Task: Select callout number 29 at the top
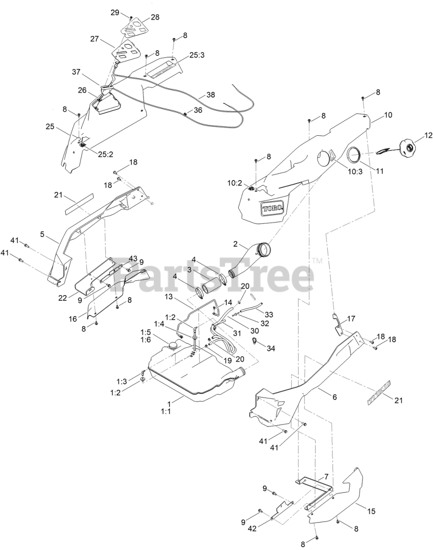click(115, 12)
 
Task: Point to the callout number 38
click(211, 95)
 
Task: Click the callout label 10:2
click(235, 183)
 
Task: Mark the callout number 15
click(371, 511)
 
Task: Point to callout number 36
click(197, 110)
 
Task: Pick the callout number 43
click(133, 259)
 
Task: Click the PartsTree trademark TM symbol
click(317, 260)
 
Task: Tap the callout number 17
click(351, 319)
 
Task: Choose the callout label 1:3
click(122, 381)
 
